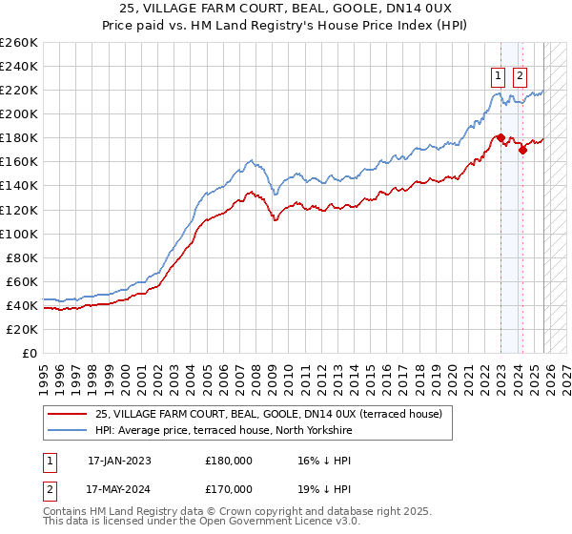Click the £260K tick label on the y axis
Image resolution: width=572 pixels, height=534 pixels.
tap(19, 43)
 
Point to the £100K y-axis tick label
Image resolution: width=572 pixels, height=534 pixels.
tap(19, 234)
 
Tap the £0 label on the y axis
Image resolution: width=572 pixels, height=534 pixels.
tap(29, 353)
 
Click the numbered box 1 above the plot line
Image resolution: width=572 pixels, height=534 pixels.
tap(498, 77)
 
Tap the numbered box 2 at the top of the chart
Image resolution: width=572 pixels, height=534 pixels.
tap(521, 77)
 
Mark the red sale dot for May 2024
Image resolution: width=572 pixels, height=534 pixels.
tap(522, 150)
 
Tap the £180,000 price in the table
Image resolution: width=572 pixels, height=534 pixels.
tap(229, 460)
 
